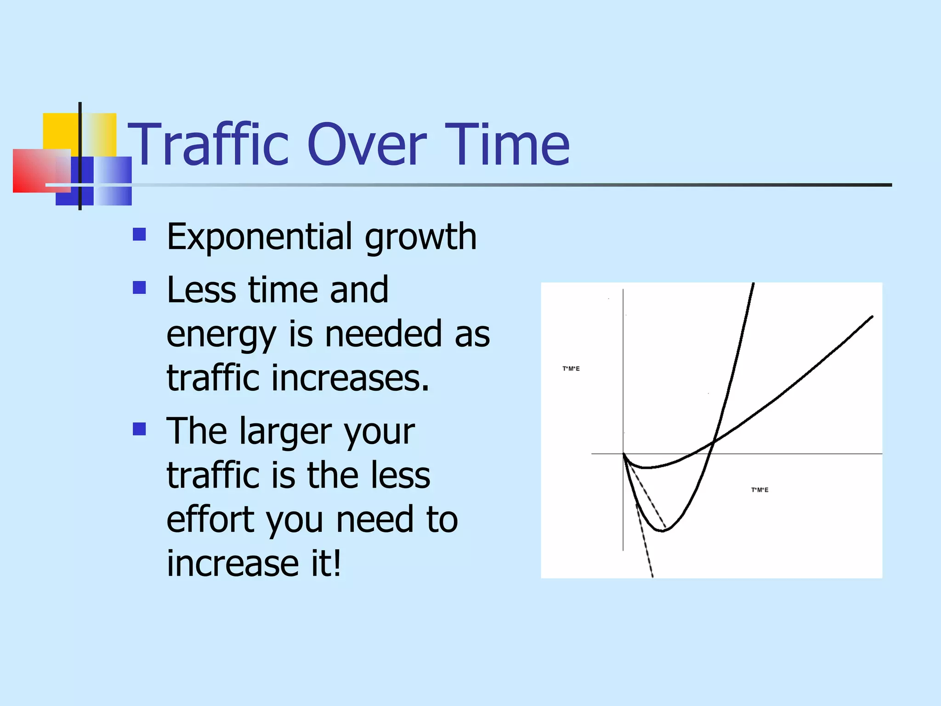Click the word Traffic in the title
click(x=208, y=145)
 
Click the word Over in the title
click(x=367, y=145)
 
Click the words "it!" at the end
click(x=326, y=564)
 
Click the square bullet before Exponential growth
click(x=139, y=234)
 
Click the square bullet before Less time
click(x=139, y=288)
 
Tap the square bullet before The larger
click(x=139, y=429)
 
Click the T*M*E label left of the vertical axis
click(x=571, y=369)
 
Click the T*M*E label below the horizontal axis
click(x=760, y=490)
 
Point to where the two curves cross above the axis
click(x=714, y=442)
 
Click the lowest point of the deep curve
click(x=662, y=531)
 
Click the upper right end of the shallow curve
click(x=872, y=317)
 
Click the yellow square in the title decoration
click(x=60, y=131)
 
